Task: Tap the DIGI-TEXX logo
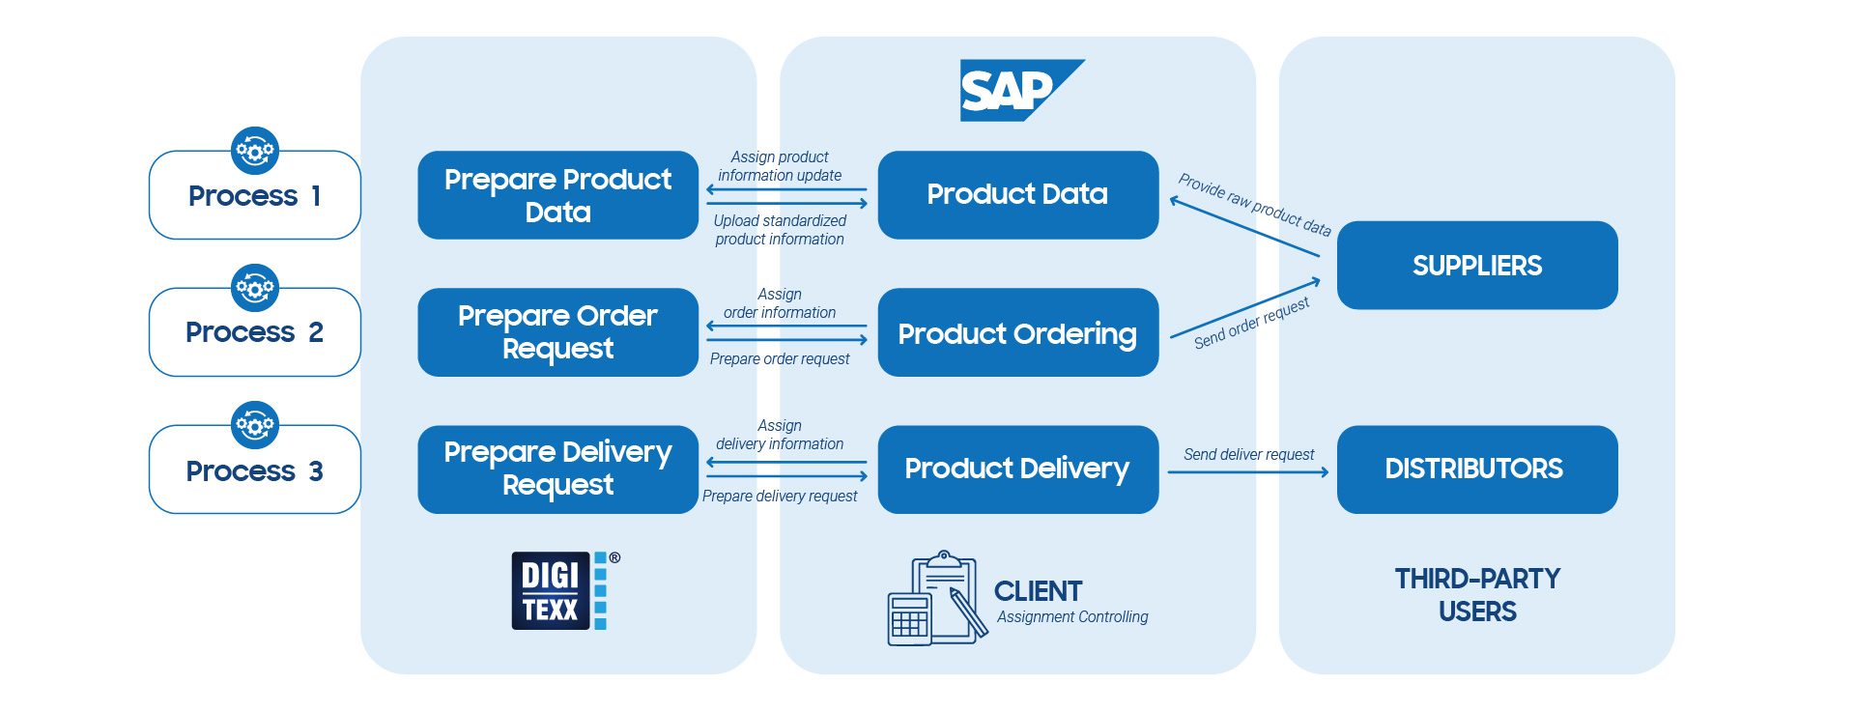[x=564, y=590]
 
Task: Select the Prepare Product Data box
[x=557, y=195]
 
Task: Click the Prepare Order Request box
[x=557, y=332]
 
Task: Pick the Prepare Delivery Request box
[x=557, y=469]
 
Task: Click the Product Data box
[x=1017, y=195]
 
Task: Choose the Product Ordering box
[x=1017, y=332]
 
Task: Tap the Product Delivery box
[x=1017, y=469]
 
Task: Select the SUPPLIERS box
[x=1476, y=266]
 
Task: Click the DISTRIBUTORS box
[x=1476, y=469]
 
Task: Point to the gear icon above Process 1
[x=255, y=151]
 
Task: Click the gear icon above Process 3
[x=255, y=425]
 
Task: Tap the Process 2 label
[x=255, y=332]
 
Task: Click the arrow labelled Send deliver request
[x=1247, y=472]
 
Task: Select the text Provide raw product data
[x=1254, y=205]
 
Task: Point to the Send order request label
[x=1251, y=323]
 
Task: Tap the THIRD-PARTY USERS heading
[x=1476, y=595]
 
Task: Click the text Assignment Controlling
[x=1072, y=617]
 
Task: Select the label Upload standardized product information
[x=780, y=230]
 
